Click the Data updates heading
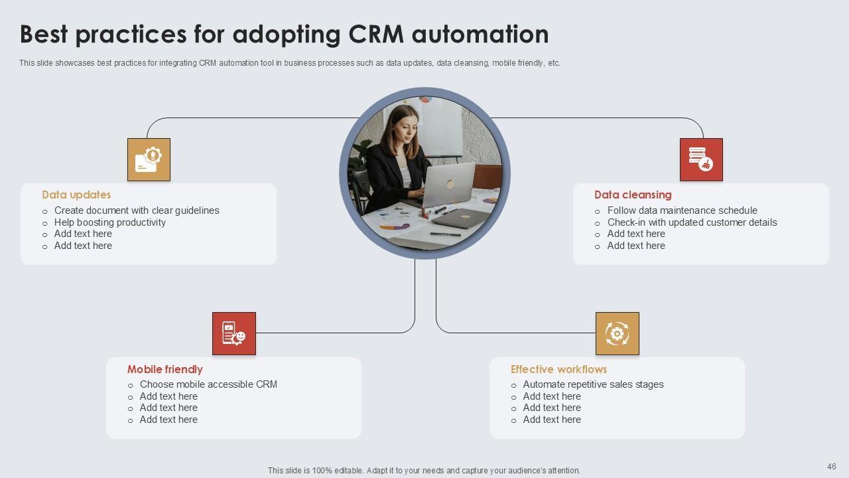point(76,195)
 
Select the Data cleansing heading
point(633,195)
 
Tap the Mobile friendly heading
point(164,369)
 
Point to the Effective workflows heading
point(558,369)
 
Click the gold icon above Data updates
point(149,159)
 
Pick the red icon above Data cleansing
point(701,159)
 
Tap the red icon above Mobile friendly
point(233,333)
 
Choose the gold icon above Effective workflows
point(617,333)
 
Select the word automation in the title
point(480,34)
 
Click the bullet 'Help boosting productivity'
point(110,222)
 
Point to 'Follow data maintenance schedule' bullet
point(682,210)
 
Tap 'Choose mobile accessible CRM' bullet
point(208,384)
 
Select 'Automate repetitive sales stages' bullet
point(593,384)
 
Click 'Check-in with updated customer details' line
point(692,222)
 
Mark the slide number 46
point(832,467)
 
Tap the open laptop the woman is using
point(448,185)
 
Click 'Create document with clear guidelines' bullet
point(137,210)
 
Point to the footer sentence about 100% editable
point(424,470)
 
